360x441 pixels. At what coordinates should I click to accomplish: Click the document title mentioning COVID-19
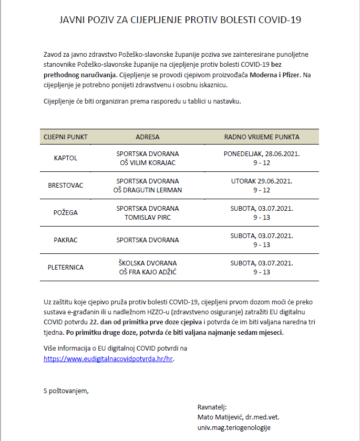[x=180, y=20]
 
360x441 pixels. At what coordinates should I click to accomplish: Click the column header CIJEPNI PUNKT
[x=65, y=137]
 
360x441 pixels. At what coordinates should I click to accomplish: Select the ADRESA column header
[x=147, y=137]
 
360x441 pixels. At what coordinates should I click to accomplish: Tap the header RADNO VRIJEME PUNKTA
[x=262, y=137]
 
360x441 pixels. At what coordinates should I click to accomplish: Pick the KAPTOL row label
[x=65, y=158]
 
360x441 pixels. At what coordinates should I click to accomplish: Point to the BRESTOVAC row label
[x=65, y=186]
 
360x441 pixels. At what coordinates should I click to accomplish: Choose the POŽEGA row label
[x=65, y=212]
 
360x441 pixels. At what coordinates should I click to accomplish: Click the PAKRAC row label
[x=65, y=240]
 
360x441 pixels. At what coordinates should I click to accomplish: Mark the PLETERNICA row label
[x=65, y=267]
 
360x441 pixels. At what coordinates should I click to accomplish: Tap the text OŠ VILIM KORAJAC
[x=147, y=162]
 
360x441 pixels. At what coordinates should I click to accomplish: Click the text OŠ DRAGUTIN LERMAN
[x=147, y=190]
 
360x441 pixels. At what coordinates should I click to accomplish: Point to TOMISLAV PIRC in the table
[x=147, y=217]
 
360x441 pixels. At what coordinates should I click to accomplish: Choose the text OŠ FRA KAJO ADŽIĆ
[x=147, y=272]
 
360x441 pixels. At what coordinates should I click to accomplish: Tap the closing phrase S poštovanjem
[x=66, y=390]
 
